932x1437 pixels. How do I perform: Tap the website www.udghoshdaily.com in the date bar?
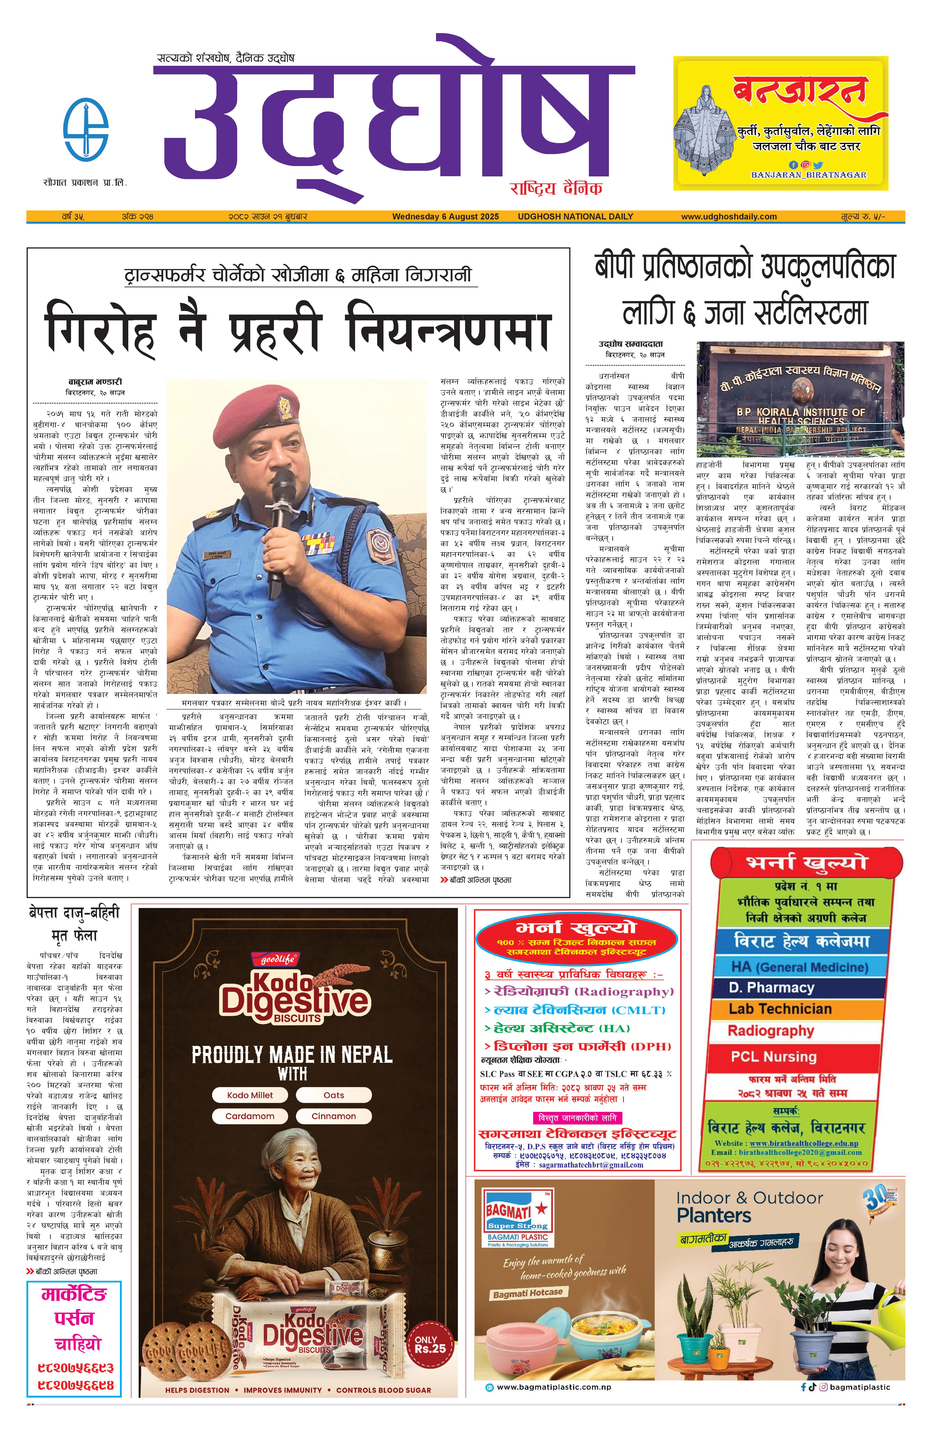(x=728, y=216)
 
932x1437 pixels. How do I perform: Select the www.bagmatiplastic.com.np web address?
(x=553, y=1387)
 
